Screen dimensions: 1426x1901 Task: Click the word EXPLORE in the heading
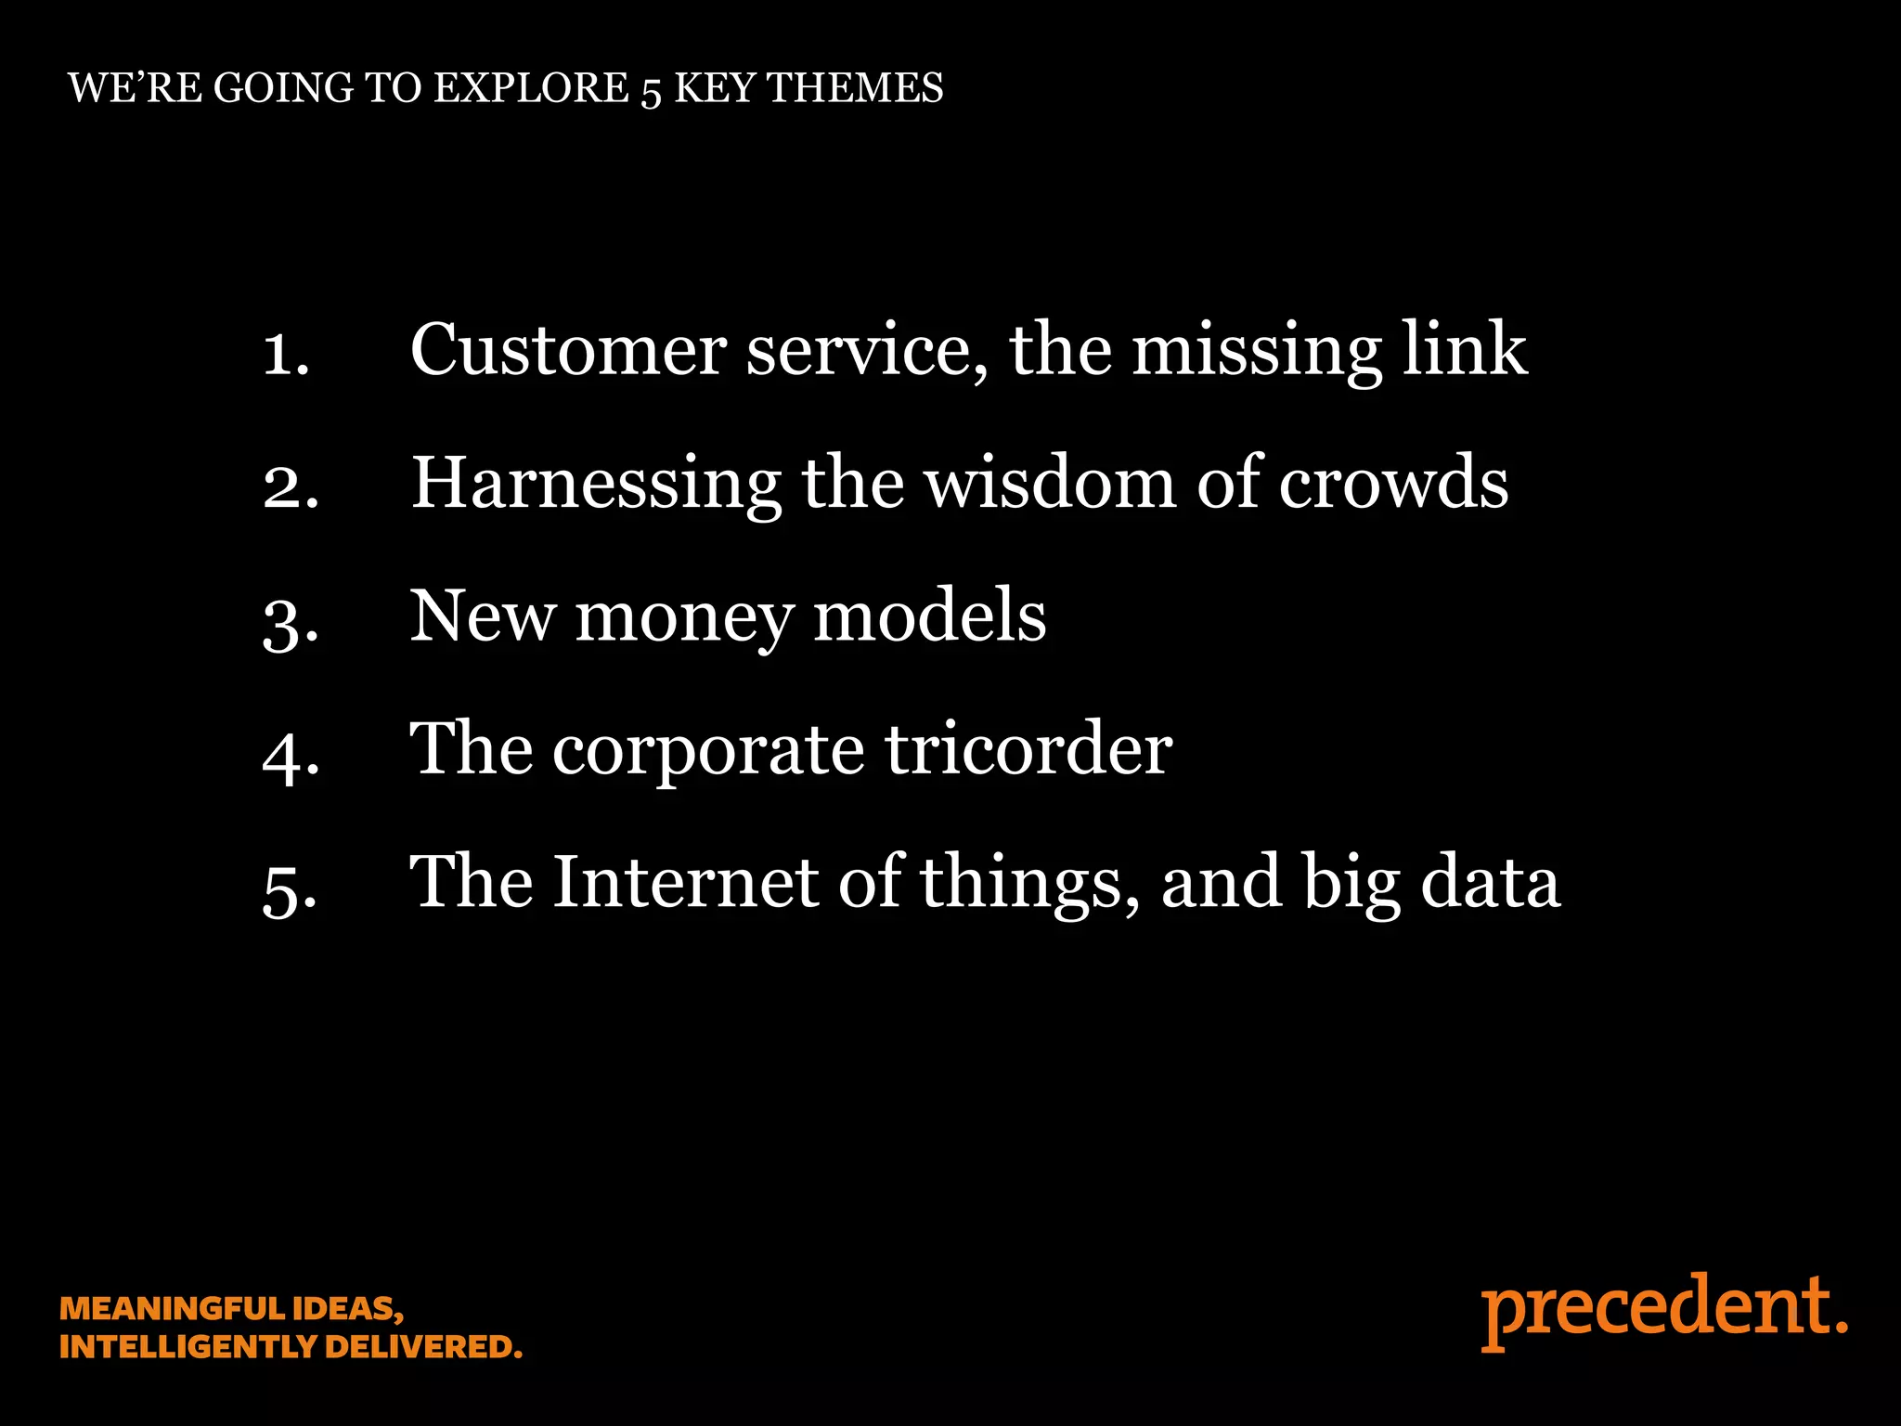click(x=532, y=88)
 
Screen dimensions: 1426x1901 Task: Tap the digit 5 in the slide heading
click(x=651, y=91)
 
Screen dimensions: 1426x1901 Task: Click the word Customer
click(x=568, y=350)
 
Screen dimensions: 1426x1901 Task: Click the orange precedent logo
click(x=1663, y=1309)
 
